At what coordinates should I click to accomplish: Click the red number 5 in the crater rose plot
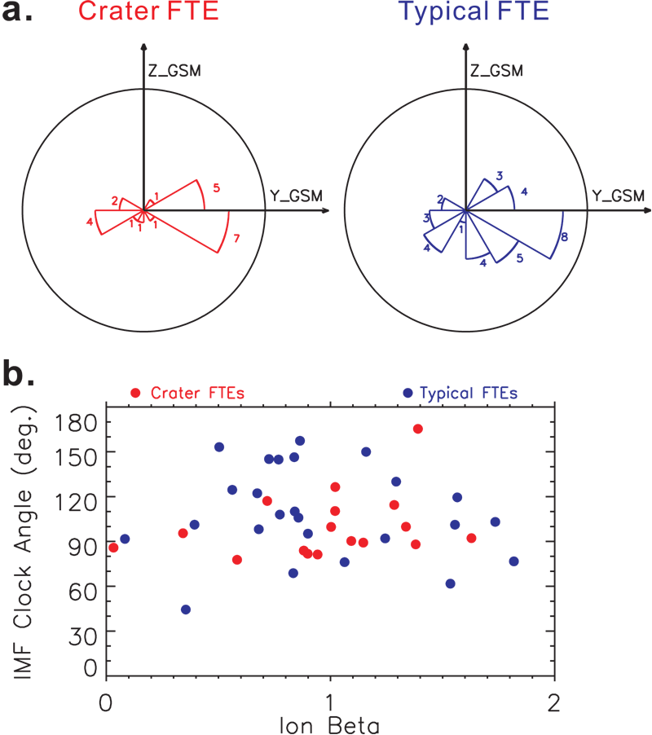216,187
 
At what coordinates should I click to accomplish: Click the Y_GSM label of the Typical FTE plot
618,196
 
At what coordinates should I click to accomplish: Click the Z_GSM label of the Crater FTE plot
174,73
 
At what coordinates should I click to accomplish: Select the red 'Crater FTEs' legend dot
135,393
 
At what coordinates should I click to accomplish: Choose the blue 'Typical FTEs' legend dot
407,393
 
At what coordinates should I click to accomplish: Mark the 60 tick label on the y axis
82,586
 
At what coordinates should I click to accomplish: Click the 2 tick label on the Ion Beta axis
554,701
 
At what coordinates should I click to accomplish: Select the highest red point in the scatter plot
417,429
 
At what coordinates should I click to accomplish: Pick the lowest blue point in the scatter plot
186,610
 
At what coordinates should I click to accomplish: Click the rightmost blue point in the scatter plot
513,561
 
